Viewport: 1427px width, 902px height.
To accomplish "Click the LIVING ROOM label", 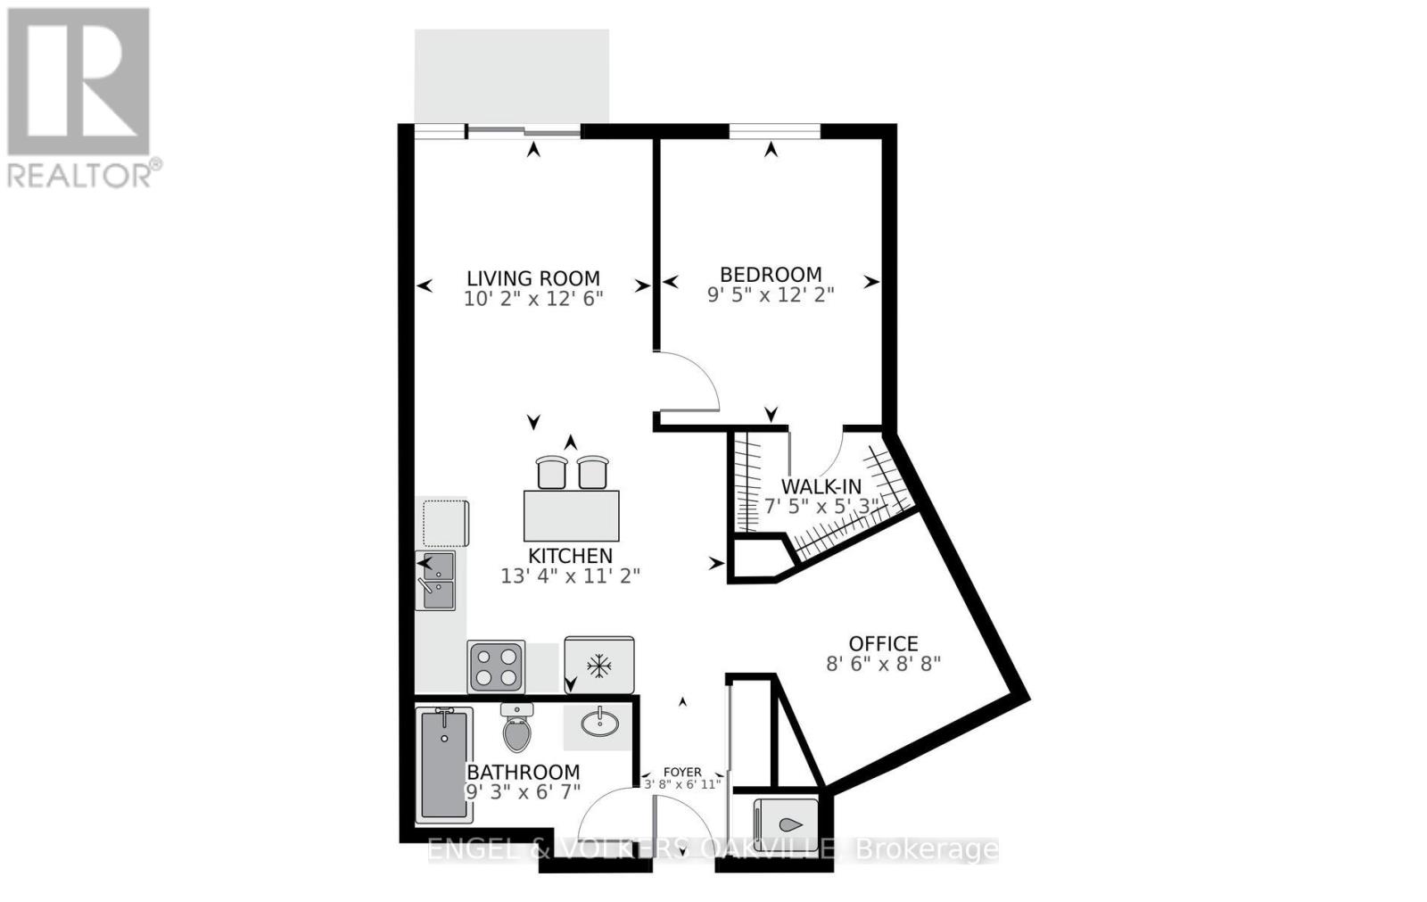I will tap(533, 278).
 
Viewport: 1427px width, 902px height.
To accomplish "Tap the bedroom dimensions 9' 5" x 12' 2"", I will tap(771, 294).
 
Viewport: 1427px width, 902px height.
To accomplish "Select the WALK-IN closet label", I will tap(821, 486).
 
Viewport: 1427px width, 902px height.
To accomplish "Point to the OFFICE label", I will tap(883, 643).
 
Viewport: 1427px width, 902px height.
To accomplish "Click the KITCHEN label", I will tap(570, 556).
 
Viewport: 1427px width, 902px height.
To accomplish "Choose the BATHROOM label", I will tap(523, 772).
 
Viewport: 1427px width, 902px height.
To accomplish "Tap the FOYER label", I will tap(682, 772).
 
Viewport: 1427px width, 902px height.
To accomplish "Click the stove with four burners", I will tap(496, 666).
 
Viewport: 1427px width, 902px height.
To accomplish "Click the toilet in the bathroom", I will tap(516, 728).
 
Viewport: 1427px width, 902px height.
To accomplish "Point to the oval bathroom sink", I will tap(598, 721).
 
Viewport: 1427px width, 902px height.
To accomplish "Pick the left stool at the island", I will tap(551, 472).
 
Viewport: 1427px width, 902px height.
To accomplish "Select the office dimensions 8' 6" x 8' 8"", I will tap(883, 664).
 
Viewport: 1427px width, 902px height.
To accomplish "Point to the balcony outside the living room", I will tap(512, 76).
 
